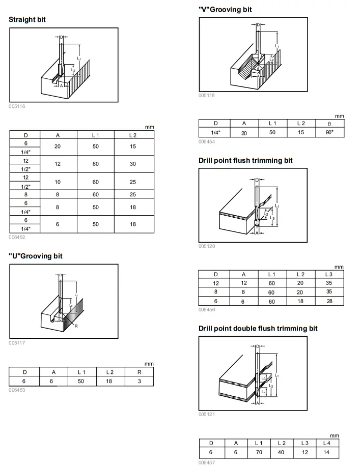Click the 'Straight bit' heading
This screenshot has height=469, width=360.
coord(27,19)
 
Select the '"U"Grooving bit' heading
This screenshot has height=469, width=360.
coord(36,256)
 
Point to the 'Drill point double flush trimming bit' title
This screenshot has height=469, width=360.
coord(258,329)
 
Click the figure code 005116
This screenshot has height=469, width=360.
coord(17,106)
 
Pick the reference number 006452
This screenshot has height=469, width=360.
coord(17,237)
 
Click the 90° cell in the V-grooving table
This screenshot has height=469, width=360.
coord(329,132)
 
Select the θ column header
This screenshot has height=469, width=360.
coord(329,123)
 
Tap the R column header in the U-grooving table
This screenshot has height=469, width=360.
coord(139,372)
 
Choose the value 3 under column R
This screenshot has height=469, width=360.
coord(139,380)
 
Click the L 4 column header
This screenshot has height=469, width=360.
coord(326,444)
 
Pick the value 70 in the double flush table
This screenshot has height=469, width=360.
coord(259,452)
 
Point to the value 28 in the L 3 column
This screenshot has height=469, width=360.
coord(329,301)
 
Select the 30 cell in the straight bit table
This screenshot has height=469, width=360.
coord(133,164)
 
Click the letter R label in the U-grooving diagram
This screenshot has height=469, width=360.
coord(76,326)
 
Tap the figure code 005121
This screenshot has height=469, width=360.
coord(207,415)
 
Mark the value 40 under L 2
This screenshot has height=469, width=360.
coord(282,452)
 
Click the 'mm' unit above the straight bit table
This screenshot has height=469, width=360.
coord(149,127)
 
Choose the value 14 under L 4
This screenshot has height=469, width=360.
coord(326,452)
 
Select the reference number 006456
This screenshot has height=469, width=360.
coord(207,309)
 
